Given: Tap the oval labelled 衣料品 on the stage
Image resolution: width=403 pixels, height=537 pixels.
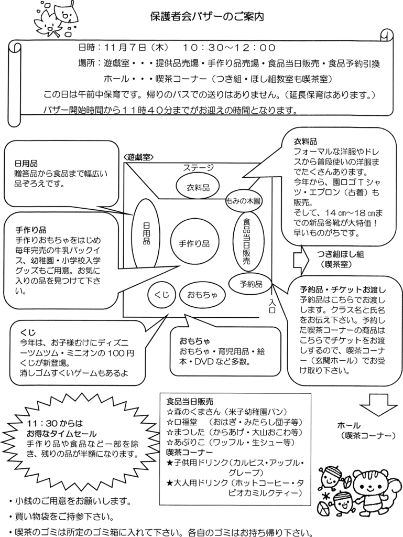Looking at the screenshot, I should point(199,187).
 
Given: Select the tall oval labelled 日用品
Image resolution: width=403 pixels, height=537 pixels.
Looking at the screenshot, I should point(146,234).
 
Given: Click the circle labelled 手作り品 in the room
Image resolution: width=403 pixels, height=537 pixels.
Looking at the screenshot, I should point(194,243).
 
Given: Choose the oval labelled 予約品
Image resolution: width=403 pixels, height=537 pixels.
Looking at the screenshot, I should point(252,284).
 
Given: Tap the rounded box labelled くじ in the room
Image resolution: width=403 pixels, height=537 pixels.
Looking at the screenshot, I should point(162,295).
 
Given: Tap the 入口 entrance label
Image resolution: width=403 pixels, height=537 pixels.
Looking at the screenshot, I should point(273,306).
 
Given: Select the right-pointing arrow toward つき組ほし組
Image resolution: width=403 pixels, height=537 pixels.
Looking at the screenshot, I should point(301,258).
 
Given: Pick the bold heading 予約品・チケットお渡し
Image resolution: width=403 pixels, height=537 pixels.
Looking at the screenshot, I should point(343,289).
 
